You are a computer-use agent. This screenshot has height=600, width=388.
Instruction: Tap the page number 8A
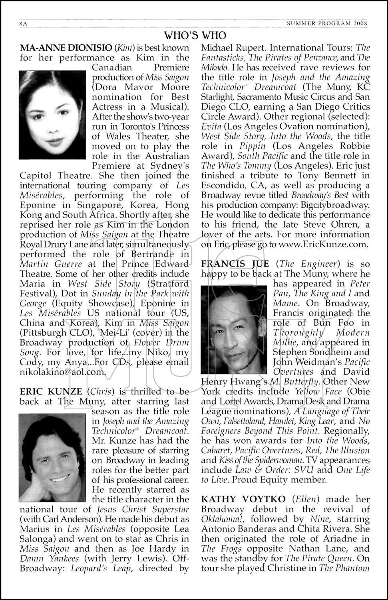[x=23, y=24]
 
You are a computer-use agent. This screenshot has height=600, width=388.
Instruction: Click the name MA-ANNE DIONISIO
[x=66, y=48]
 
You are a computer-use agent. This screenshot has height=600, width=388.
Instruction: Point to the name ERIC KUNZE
[x=51, y=392]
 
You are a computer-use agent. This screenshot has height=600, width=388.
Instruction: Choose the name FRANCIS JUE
[x=235, y=264]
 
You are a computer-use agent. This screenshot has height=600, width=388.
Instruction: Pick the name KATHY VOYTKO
[x=243, y=499]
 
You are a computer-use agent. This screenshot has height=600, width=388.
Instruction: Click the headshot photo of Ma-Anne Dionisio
[x=52, y=115]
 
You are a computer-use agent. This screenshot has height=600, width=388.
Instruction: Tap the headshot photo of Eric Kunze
[x=52, y=458]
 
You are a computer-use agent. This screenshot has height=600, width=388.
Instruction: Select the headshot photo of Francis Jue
[x=234, y=330]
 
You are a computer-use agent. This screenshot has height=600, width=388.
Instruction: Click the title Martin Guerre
[x=51, y=264]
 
